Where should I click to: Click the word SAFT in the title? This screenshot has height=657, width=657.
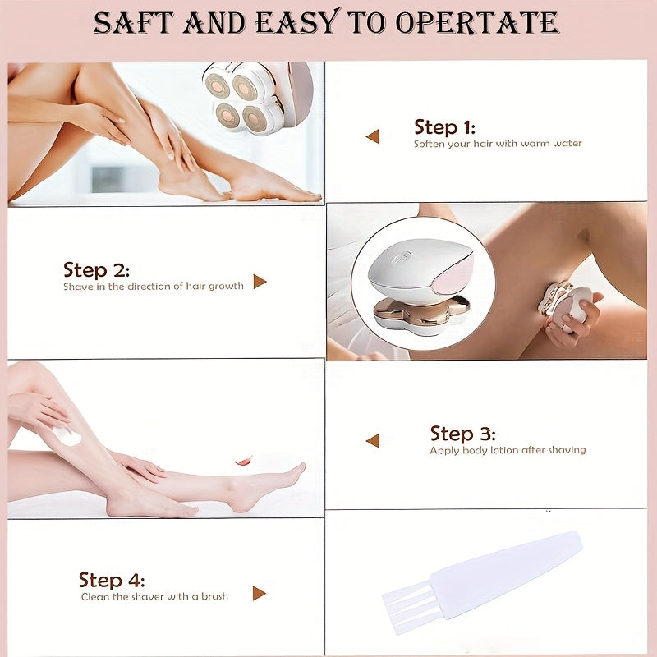(x=133, y=23)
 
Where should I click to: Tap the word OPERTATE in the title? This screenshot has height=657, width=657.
(x=477, y=23)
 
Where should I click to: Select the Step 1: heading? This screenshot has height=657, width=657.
(x=444, y=127)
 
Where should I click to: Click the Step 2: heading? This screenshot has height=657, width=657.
(x=96, y=270)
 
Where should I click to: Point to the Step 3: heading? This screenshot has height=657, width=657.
(x=462, y=434)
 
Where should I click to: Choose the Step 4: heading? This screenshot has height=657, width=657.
(x=112, y=581)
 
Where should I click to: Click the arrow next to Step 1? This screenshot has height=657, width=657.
(x=373, y=136)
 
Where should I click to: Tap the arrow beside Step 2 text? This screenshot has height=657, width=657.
(x=260, y=282)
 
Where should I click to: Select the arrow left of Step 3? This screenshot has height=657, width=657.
(x=373, y=440)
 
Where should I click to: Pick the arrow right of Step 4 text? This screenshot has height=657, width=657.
(x=260, y=593)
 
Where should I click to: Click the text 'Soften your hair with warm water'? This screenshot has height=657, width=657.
(x=498, y=144)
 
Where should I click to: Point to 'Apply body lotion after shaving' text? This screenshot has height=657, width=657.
(x=508, y=450)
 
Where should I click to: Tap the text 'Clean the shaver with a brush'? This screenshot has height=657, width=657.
(x=154, y=596)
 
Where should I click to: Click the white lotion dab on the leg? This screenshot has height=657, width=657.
(x=67, y=436)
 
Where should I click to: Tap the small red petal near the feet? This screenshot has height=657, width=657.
(x=243, y=461)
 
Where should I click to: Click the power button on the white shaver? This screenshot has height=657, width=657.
(x=402, y=256)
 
